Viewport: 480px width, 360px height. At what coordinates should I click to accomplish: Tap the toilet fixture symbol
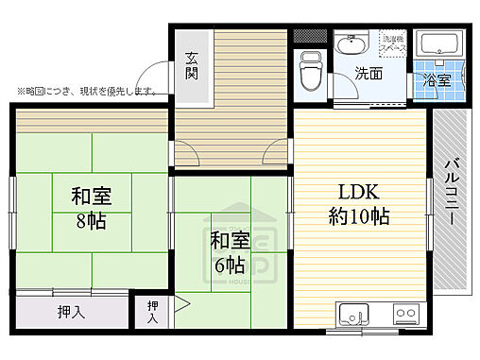[x=310, y=67]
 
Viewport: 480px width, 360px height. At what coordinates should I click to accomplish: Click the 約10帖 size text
[x=359, y=214]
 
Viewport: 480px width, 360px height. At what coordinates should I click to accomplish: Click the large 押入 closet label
[x=71, y=313]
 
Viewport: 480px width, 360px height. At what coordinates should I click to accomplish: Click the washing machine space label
[x=391, y=42]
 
